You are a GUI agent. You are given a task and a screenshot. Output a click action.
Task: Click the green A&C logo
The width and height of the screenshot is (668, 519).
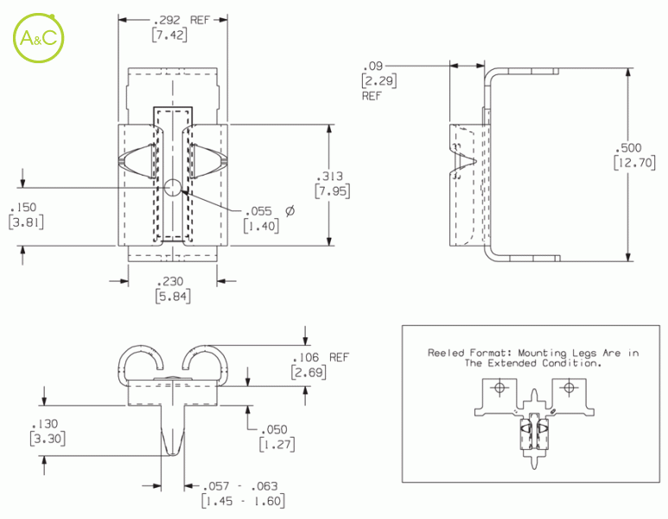39,38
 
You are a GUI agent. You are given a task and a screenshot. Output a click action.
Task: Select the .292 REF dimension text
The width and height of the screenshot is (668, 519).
182,20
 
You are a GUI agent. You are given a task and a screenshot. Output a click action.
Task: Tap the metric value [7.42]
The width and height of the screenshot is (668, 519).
169,35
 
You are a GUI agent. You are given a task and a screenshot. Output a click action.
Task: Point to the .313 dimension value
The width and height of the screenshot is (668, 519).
330,176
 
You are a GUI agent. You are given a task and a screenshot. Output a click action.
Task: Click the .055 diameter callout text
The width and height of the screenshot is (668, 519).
259,211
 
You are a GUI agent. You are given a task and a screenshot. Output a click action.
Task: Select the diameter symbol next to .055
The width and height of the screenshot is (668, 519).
290,211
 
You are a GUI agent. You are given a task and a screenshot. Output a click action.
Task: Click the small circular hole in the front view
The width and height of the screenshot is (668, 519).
173,187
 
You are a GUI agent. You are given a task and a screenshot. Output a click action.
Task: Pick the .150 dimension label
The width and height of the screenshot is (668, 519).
24,208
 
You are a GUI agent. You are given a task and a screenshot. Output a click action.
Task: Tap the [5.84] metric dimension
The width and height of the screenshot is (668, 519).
173,296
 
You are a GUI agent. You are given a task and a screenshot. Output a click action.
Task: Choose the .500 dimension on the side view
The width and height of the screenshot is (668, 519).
628,148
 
